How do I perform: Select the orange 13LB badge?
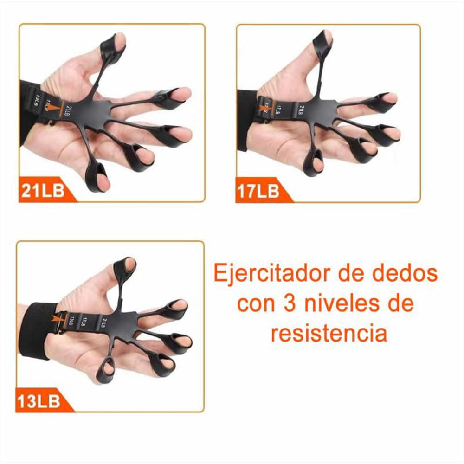(40, 401)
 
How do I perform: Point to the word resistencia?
(329, 333)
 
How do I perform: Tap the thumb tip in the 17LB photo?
(326, 37)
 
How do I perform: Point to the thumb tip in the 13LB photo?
(129, 264)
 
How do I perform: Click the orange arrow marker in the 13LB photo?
(59, 320)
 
